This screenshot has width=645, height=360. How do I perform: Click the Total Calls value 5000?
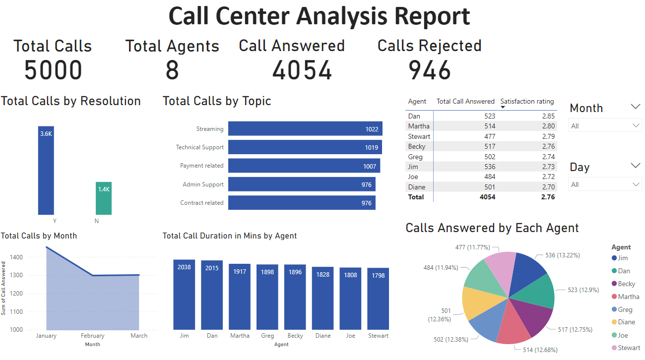[53, 70]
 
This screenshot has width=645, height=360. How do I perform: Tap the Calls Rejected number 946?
[429, 70]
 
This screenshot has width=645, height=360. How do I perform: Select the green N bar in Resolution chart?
[104, 198]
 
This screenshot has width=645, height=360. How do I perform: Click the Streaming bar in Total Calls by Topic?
[305, 129]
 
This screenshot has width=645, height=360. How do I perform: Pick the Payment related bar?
[304, 166]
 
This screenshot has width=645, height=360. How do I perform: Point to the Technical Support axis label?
[199, 147]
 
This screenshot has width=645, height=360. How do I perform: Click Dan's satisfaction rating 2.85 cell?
[544, 116]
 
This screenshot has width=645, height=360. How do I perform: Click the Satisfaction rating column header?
[527, 101]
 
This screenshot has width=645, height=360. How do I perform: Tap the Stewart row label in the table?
[419, 136]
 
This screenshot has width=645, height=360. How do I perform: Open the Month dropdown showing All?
[605, 126]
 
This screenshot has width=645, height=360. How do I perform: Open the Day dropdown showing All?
[605, 184]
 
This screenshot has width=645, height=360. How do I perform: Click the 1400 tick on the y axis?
[16, 257]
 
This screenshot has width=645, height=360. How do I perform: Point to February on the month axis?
[93, 336]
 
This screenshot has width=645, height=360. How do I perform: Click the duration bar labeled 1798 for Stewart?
[378, 299]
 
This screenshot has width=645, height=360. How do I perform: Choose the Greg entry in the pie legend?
[625, 309]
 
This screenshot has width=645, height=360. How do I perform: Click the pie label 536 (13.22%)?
[562, 255]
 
